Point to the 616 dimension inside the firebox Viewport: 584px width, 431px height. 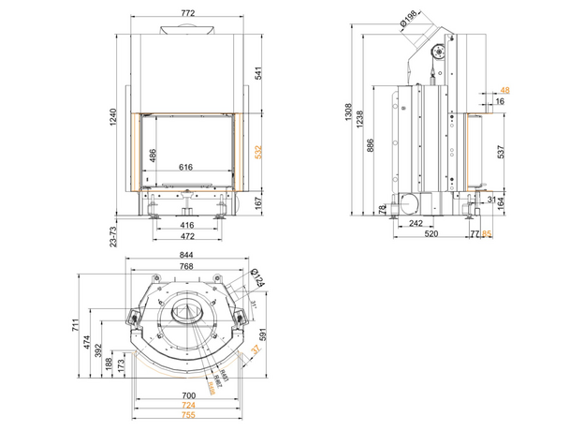(185, 167)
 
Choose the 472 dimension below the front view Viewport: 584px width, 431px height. (186, 236)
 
